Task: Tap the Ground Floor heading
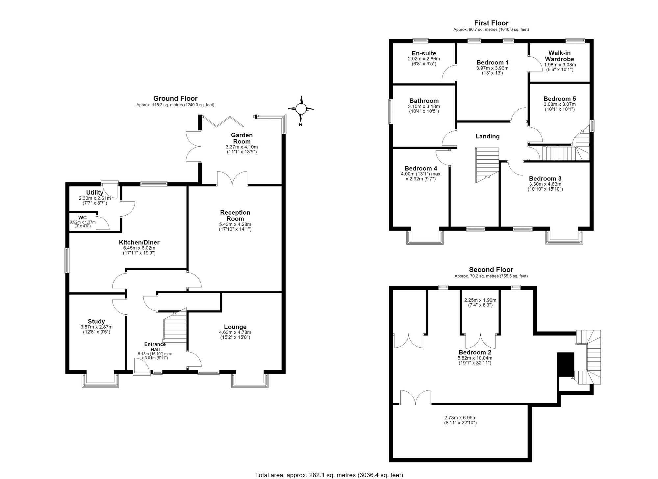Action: coord(175,98)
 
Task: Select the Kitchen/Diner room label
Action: coord(139,242)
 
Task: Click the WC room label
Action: coord(82,218)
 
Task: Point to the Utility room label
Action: coord(95,193)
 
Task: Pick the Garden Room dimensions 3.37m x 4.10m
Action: coord(242,147)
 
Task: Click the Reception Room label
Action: coord(235,215)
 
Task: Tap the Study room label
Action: coord(96,321)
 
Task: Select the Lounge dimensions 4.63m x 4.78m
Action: coord(235,332)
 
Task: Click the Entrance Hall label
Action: coord(155,347)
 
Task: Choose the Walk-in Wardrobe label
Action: coord(559,56)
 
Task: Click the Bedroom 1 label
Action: coord(493,62)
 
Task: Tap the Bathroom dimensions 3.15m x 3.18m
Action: coord(424,107)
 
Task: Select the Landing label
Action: coord(487,136)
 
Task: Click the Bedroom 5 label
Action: coord(560,99)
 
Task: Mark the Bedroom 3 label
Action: coord(545,179)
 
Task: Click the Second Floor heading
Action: coord(491,270)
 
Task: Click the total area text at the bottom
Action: coord(329,475)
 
